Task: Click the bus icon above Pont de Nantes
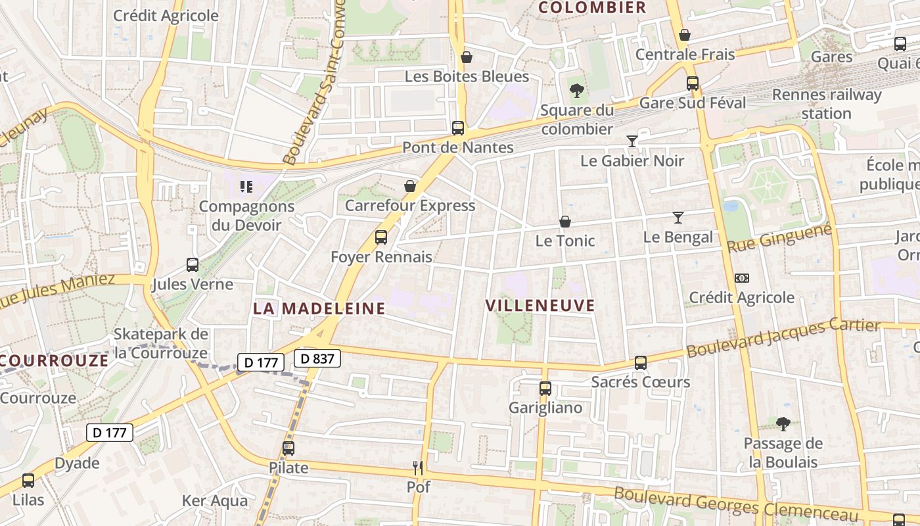458,128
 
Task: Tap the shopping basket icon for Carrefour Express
410,186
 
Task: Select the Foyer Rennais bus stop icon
381,237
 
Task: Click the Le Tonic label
565,241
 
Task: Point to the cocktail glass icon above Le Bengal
678,218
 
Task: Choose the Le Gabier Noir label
632,160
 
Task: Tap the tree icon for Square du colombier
577,90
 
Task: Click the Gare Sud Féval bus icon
693,84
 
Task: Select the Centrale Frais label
685,54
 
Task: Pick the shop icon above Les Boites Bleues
467,57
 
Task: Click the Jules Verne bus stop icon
193,265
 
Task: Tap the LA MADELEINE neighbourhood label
319,308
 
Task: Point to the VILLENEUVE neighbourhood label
540,305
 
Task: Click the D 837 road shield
317,358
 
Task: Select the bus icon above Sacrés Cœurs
641,362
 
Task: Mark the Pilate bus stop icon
288,448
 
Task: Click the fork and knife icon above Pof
418,467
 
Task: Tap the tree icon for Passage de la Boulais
783,423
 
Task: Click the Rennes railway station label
827,104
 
